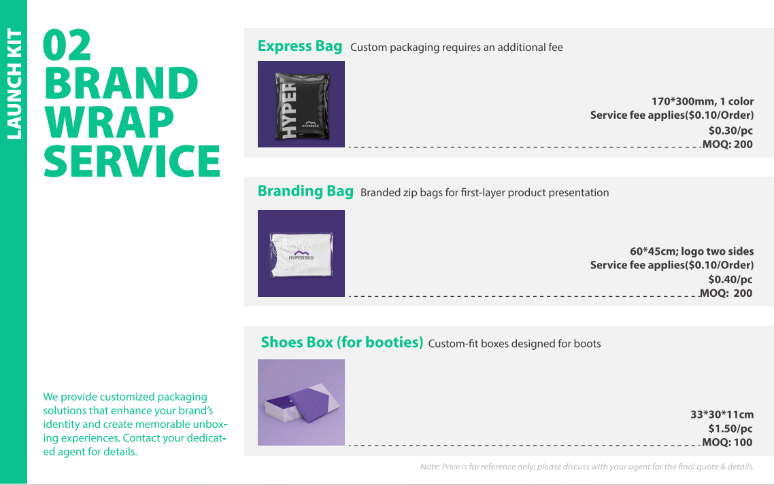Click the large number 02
click(x=67, y=45)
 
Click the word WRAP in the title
click(x=109, y=122)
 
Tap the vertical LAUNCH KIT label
click(x=14, y=84)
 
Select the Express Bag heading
click(x=300, y=46)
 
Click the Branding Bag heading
click(x=305, y=192)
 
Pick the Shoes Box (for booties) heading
click(x=341, y=342)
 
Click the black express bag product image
click(x=301, y=104)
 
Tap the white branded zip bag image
click(x=301, y=253)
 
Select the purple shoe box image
click(x=301, y=402)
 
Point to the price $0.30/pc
click(x=730, y=130)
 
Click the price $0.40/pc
click(x=730, y=279)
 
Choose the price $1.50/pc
click(x=730, y=429)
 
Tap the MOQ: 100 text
click(x=727, y=442)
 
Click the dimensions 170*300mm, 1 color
click(x=703, y=101)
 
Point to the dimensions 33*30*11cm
click(x=722, y=414)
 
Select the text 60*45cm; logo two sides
click(x=692, y=251)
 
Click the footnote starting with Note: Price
click(x=587, y=467)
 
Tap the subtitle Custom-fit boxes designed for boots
click(x=514, y=344)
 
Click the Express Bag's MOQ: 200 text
click(x=728, y=145)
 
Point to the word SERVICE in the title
click(x=132, y=161)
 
